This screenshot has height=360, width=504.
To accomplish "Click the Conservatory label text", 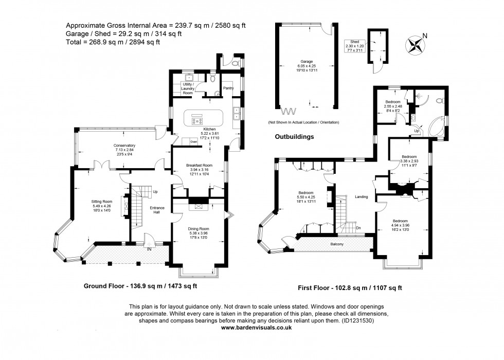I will [x=124, y=149].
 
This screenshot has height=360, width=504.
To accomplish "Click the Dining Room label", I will [x=197, y=231].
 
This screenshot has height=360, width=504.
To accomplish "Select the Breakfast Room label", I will [x=199, y=168].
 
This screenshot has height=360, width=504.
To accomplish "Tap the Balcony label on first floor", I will [x=337, y=245].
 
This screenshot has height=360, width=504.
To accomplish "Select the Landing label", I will [x=361, y=196].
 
